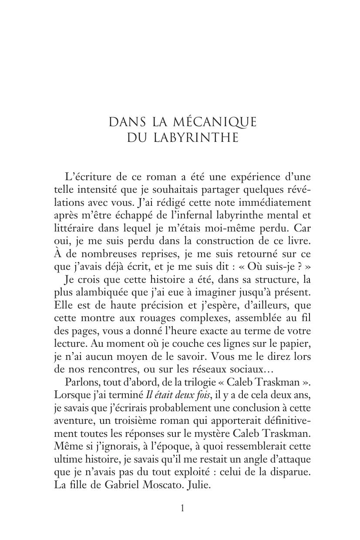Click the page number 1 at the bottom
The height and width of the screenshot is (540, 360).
click(182, 508)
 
